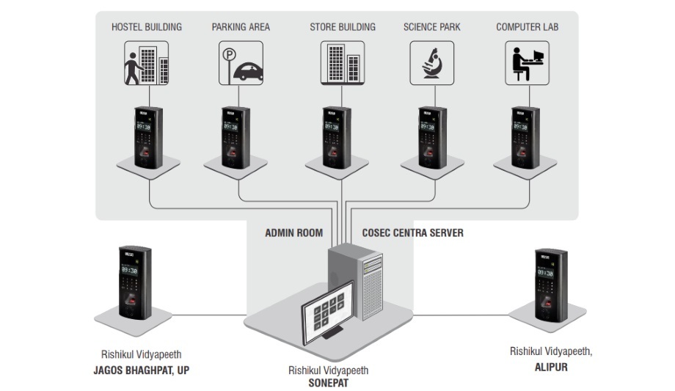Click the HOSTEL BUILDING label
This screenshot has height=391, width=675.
click(x=147, y=27)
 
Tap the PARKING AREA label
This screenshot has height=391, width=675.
click(x=241, y=27)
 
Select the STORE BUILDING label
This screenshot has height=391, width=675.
click(x=342, y=27)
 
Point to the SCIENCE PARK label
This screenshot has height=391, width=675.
click(x=431, y=27)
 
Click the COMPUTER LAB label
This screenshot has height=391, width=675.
click(x=527, y=27)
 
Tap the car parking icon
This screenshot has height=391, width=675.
click(x=241, y=62)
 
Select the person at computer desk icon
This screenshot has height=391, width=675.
click(x=527, y=62)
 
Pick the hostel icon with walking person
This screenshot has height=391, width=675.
click(x=147, y=62)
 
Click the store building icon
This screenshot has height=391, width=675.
click(x=343, y=62)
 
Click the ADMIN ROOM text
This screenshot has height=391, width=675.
click(x=293, y=233)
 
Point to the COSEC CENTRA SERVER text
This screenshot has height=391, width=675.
click(x=412, y=233)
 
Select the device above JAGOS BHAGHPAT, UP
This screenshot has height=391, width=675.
click(x=134, y=282)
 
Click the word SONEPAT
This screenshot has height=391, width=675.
click(x=328, y=382)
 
